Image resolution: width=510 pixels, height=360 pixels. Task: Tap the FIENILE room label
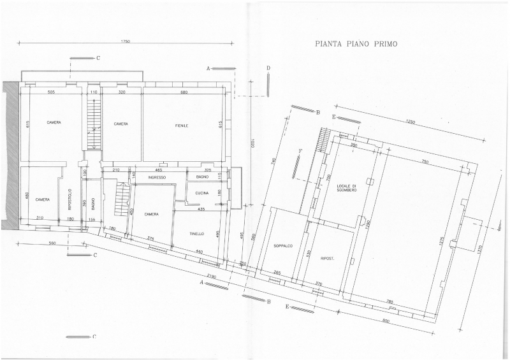click(x=182, y=125)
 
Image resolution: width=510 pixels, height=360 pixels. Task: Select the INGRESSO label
click(x=157, y=177)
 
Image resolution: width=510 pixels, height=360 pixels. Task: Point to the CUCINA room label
click(x=203, y=192)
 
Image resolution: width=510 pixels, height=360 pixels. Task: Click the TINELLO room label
click(x=197, y=234)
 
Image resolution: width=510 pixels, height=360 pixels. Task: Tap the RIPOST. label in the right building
click(x=328, y=258)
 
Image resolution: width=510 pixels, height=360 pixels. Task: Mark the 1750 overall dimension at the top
click(x=125, y=41)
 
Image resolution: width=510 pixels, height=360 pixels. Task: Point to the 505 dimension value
click(x=52, y=92)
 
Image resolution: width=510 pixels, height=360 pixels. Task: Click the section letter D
click(x=268, y=68)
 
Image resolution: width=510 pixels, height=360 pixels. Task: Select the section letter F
click(x=300, y=150)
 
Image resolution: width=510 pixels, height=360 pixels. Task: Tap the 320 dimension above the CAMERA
click(x=121, y=92)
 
